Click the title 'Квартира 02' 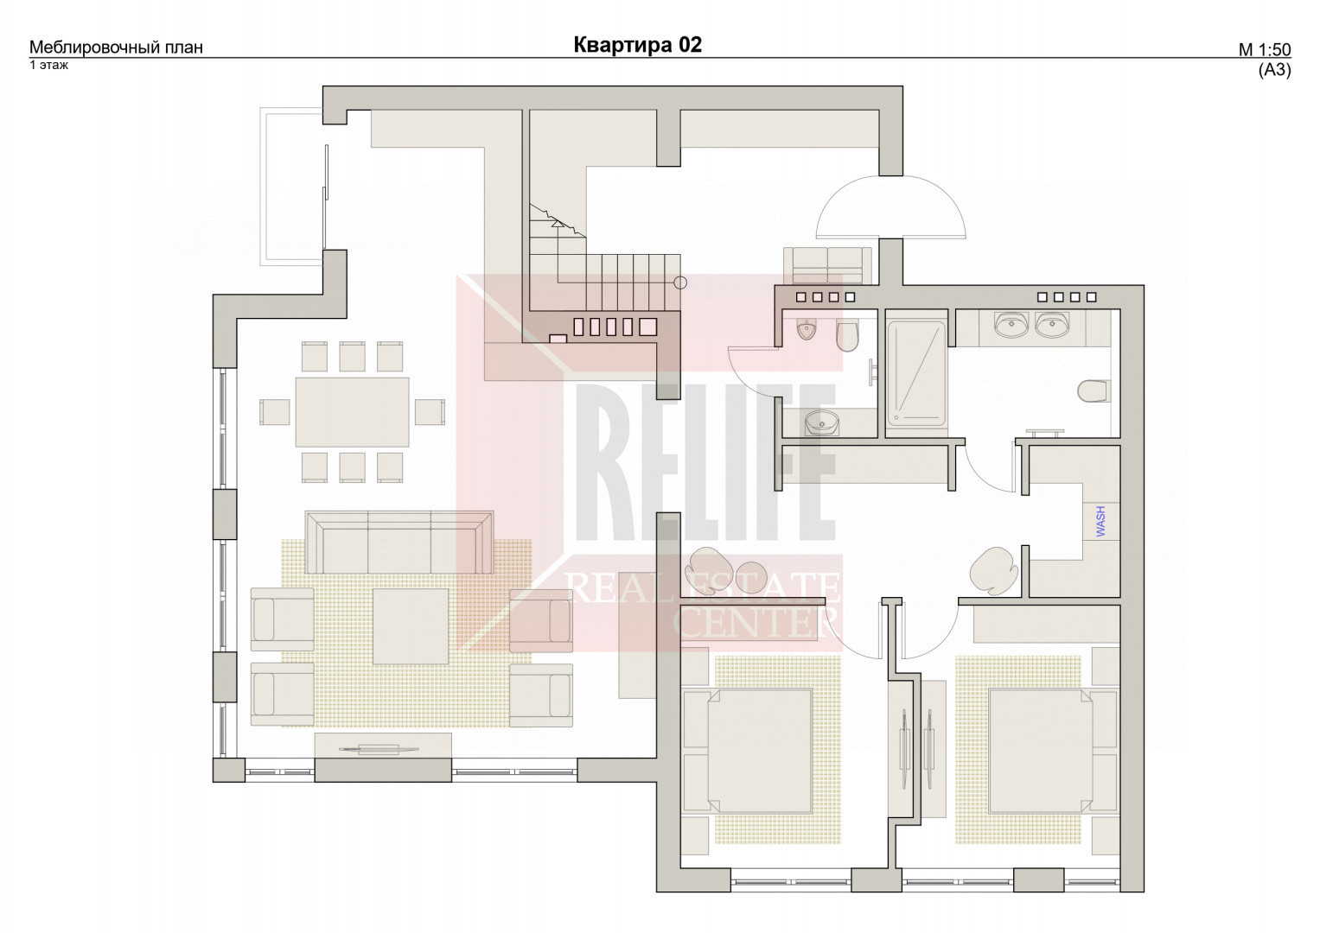click(638, 45)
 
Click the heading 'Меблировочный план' click(116, 48)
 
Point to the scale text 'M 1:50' click(1265, 50)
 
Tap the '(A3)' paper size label click(1275, 70)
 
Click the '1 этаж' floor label click(49, 66)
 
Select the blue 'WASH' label click(1100, 521)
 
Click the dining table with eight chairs click(353, 412)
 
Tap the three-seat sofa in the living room click(399, 543)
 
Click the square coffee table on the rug click(410, 626)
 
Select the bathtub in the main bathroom click(916, 373)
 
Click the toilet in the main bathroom click(1094, 391)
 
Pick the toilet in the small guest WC click(848, 337)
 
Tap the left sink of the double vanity click(1011, 325)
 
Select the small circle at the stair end click(680, 282)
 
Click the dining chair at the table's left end click(275, 412)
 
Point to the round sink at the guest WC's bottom click(822, 422)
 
